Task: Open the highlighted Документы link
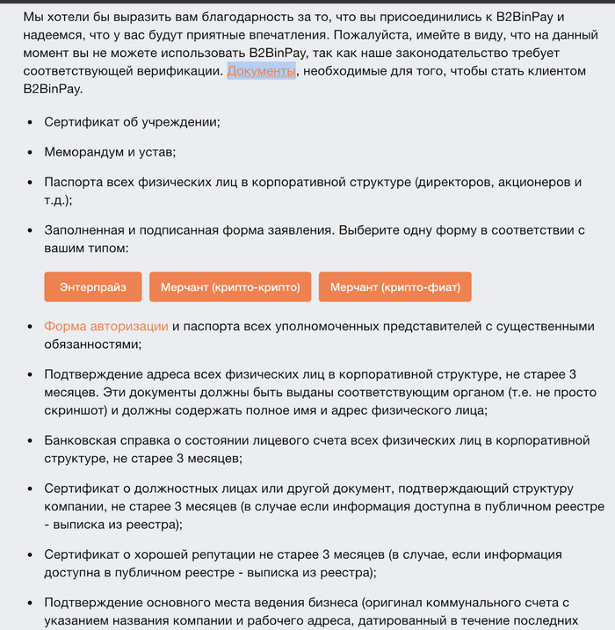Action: pos(262,71)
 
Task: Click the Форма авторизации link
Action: pos(106,327)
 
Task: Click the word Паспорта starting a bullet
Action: pos(76,182)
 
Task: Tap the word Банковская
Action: pos(85,439)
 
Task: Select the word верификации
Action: pos(179,71)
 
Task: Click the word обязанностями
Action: pos(91,344)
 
